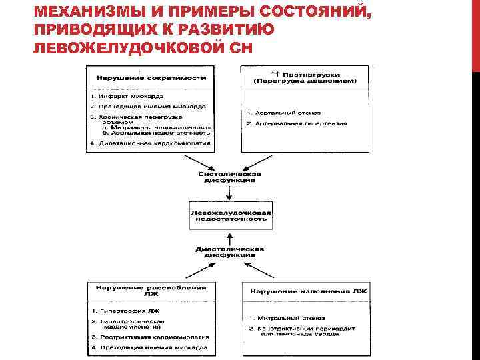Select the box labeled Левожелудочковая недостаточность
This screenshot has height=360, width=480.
pyautogui.click(x=229, y=215)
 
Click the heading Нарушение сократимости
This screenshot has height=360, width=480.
pyautogui.click(x=151, y=77)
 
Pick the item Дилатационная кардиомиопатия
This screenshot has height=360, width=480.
pyautogui.click(x=154, y=143)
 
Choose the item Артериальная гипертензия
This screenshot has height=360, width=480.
pyautogui.click(x=296, y=124)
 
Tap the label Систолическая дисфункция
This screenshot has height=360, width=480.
pyautogui.click(x=229, y=177)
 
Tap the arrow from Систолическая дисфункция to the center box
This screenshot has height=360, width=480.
pyautogui.click(x=229, y=193)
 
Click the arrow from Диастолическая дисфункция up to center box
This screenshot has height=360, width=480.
pyautogui.click(x=229, y=237)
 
